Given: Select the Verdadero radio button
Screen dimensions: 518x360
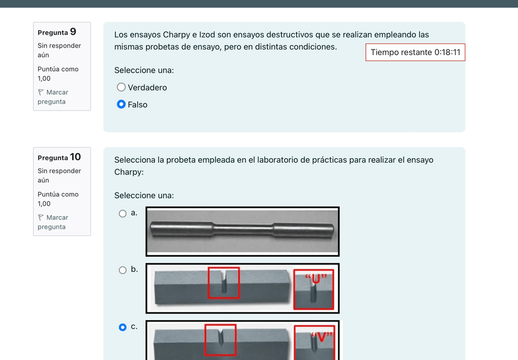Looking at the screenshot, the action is [121, 87].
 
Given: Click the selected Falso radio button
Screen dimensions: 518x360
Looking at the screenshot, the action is [121, 105].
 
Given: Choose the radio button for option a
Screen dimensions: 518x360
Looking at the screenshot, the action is [123, 213].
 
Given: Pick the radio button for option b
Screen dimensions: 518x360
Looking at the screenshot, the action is [123, 270].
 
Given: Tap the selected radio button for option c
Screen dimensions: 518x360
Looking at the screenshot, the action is [123, 327].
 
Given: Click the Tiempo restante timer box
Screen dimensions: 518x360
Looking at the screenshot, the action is [415, 52].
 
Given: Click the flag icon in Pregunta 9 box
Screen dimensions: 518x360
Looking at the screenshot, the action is [41, 92].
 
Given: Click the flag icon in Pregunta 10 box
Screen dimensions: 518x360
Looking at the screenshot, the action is [41, 218].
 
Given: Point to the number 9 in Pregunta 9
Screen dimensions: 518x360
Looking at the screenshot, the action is [73, 32].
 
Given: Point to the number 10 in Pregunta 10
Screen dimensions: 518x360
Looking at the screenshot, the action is [75, 157].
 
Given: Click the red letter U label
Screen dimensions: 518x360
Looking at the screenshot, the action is [316, 279].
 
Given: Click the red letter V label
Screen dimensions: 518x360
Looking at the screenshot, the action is [321, 337].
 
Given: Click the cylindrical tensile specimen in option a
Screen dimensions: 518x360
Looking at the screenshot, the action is [242, 229].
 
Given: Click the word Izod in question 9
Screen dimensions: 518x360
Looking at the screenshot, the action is [207, 35].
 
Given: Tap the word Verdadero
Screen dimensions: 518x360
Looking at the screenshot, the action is [147, 87].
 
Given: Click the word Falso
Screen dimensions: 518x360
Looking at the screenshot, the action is [137, 105].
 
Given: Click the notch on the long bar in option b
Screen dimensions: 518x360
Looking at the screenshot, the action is [224, 282].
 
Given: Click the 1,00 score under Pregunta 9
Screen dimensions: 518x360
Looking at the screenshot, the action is [44, 79].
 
